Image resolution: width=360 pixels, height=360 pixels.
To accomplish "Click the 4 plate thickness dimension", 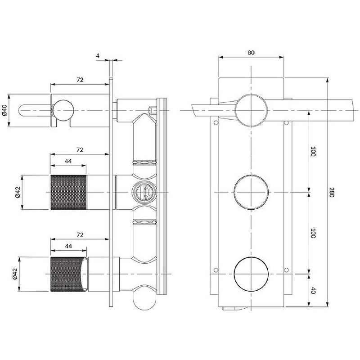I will coord(98,55).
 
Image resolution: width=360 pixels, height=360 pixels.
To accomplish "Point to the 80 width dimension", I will coord(251,52).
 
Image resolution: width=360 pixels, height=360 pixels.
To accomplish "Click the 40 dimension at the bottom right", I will coord(313,290).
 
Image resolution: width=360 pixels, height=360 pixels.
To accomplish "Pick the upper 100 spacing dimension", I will coord(313,152).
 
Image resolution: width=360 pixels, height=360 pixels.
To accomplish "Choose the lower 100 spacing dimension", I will coord(313,233).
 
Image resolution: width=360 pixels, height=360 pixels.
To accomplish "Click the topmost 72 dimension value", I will coord(80,80).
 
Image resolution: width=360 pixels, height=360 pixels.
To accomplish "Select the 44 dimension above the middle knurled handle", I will coord(68,160).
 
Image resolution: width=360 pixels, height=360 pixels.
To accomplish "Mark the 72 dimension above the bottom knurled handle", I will coord(80,235).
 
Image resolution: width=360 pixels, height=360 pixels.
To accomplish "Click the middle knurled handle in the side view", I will coord(67,192).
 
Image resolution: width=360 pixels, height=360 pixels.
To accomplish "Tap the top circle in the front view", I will coord(251,110).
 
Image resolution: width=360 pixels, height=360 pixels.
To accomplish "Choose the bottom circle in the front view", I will coord(251,273).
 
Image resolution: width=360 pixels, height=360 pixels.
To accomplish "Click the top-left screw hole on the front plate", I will coord(216,122).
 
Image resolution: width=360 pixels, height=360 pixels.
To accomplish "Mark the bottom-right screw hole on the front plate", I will coord(285,270).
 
